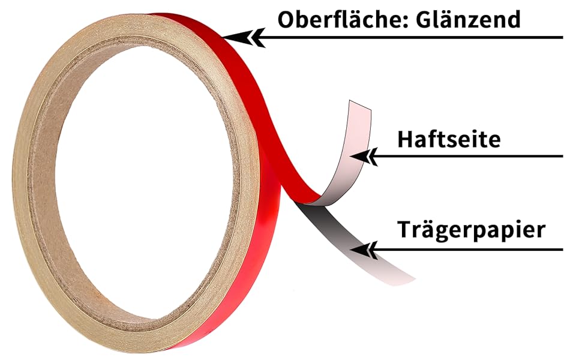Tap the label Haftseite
pos(448,139)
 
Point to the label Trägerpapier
pos(471,230)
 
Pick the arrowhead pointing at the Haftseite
pos(364,157)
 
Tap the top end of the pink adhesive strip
pos(359,106)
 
